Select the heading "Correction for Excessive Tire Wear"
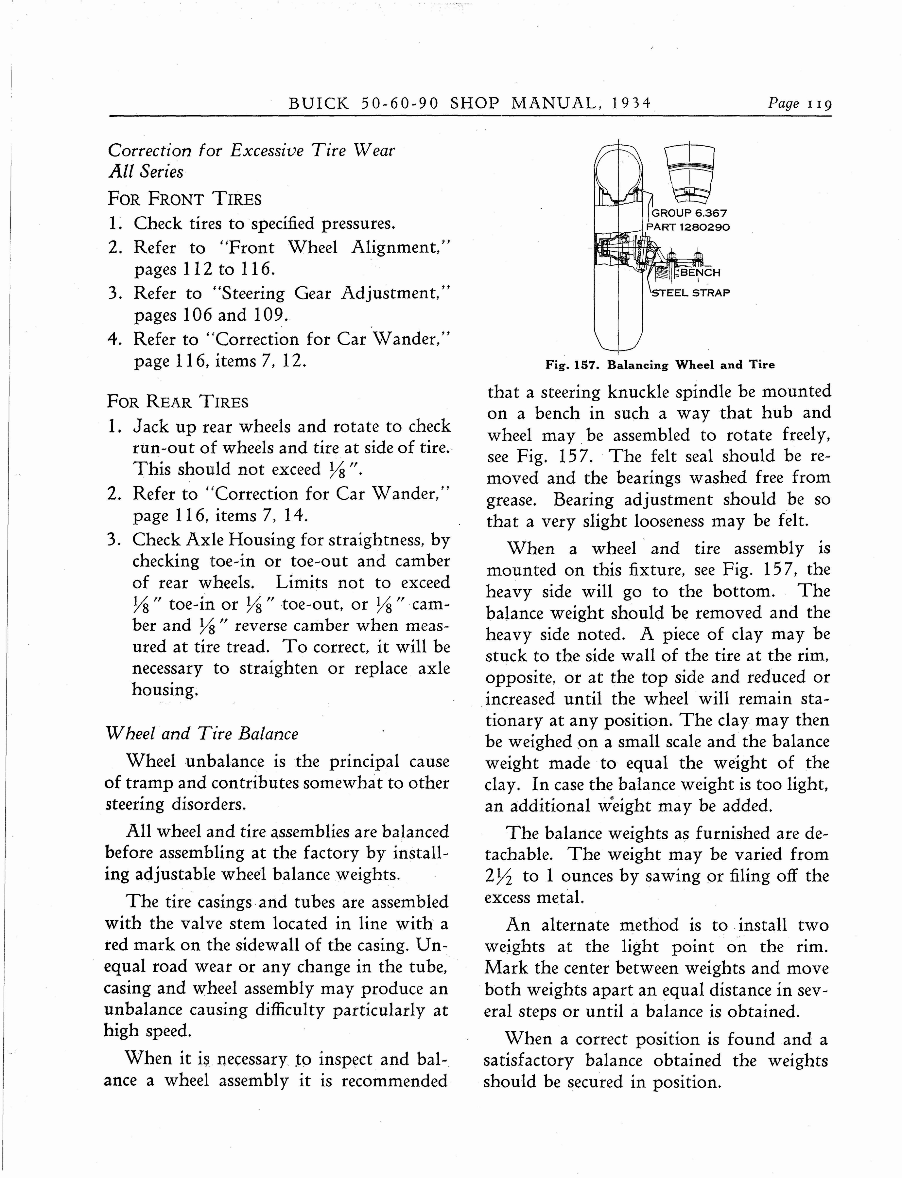tap(251, 151)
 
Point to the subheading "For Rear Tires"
tap(178, 402)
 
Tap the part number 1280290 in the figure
tap(704, 227)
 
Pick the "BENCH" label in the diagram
tap(700, 272)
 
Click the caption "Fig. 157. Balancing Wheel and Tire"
tap(660, 365)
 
